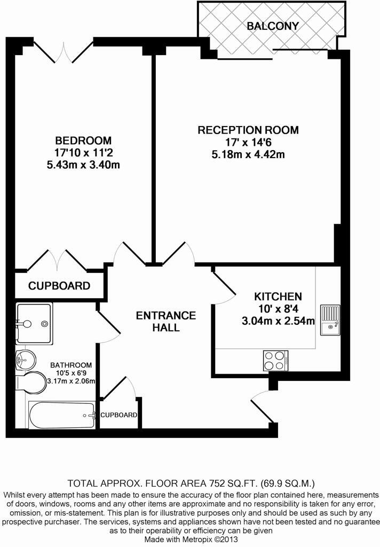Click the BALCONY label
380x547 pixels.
tap(272, 26)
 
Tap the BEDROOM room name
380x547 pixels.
tap(83, 140)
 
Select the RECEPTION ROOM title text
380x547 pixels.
tap(248, 130)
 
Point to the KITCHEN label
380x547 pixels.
tap(278, 296)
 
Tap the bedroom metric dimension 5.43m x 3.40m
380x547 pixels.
tap(83, 165)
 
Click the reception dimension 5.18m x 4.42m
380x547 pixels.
tap(248, 154)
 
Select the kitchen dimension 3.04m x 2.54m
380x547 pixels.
tap(278, 321)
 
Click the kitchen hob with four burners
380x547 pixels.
tap(275, 360)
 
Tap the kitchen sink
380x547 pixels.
tap(330, 319)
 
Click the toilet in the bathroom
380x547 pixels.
tap(31, 380)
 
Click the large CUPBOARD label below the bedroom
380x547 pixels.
tap(59, 286)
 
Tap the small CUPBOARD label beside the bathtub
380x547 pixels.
tap(119, 415)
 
